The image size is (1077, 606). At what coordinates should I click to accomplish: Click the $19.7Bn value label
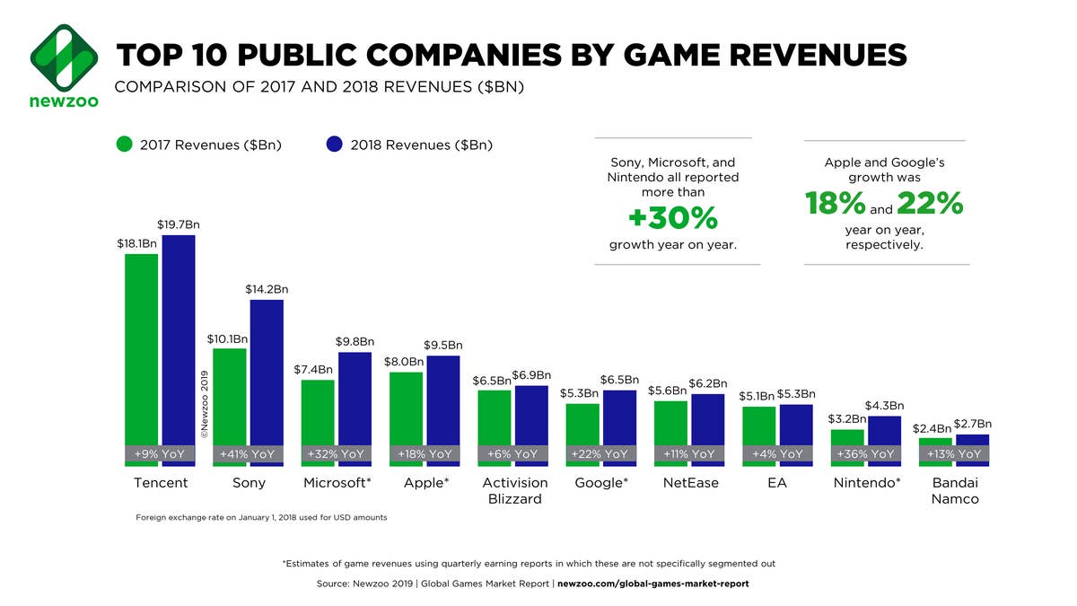point(179,224)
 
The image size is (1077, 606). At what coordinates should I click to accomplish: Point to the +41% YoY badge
point(248,454)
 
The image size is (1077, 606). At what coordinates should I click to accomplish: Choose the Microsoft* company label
point(337,483)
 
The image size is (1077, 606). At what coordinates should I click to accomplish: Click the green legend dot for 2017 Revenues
point(125,145)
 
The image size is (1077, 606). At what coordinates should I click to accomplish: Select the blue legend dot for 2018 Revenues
point(335,145)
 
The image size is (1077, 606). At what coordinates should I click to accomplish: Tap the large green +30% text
point(672,218)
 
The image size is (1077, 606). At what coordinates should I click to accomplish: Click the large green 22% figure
point(929,205)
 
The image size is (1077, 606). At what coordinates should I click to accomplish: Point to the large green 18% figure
point(835,205)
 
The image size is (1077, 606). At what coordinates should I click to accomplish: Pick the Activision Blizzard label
point(514,490)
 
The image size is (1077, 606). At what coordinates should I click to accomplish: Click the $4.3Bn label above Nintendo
point(884,406)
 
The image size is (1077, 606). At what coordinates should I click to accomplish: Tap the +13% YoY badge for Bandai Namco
point(953,454)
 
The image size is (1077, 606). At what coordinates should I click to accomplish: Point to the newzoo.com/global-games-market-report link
point(652,584)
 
